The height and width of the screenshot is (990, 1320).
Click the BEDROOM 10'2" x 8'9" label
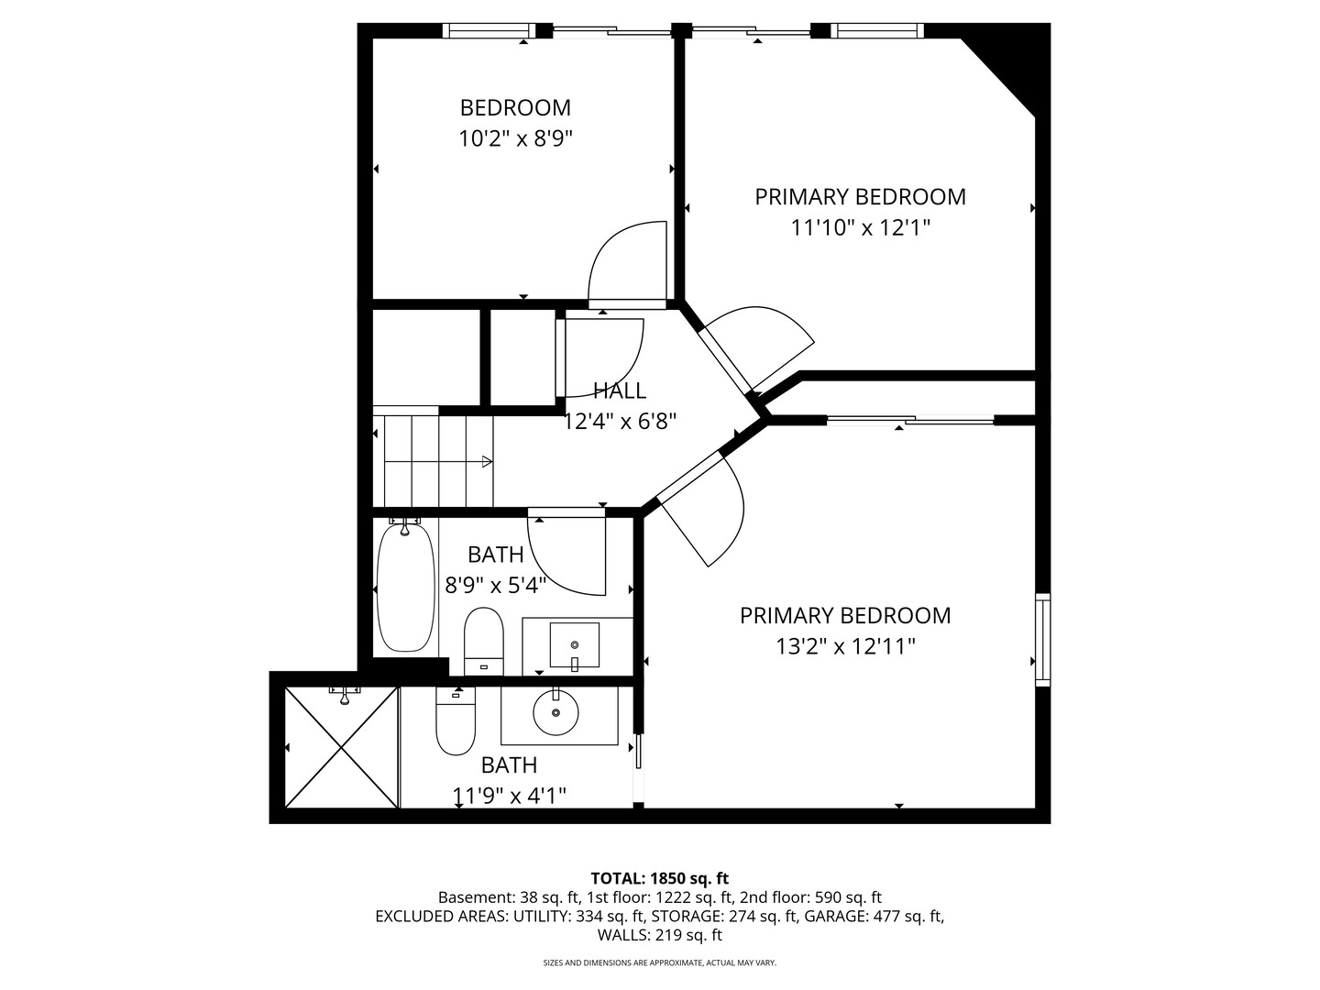pos(515,108)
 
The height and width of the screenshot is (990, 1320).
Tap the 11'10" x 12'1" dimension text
pos(860,227)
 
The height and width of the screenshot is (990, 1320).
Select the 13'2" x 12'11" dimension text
pos(845,647)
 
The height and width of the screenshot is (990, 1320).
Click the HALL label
pos(620,391)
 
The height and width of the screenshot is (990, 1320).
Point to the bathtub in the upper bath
pos(405,588)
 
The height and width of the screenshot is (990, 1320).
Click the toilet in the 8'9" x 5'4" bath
pos(484,639)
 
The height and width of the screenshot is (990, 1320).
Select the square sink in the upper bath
pos(574,644)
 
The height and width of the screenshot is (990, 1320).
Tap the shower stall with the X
pos(342,747)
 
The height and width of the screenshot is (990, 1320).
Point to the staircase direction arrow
pos(487,461)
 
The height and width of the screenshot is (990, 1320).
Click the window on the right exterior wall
pos(1042,640)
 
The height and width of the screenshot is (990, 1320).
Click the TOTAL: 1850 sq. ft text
pos(659,878)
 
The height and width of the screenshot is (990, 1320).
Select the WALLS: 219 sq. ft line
pos(659,935)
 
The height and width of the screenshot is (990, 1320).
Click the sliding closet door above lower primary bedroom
pos(909,421)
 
